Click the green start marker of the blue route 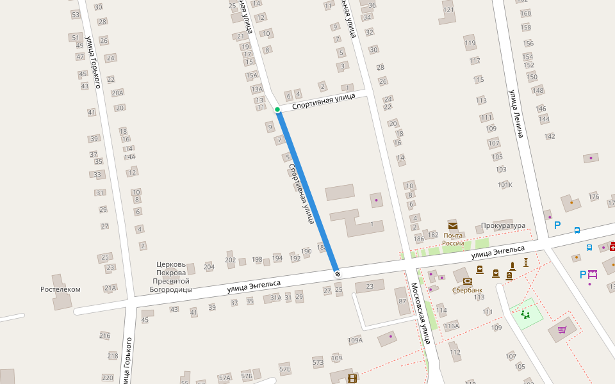tap(277, 110)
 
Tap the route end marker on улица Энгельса tap(338, 274)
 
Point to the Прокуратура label tap(503, 226)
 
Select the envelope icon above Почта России tap(453, 225)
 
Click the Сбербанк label tap(467, 290)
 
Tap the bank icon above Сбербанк tap(468, 281)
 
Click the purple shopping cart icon tap(562, 330)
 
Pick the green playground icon tap(526, 314)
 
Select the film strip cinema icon tap(351, 378)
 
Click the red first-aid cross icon tap(612, 246)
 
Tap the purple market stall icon tap(593, 274)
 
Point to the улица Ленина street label tap(516, 113)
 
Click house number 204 tap(209, 267)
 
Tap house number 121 tap(448, 10)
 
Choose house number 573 tap(318, 362)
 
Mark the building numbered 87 tap(402, 301)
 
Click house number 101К tap(505, 185)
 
